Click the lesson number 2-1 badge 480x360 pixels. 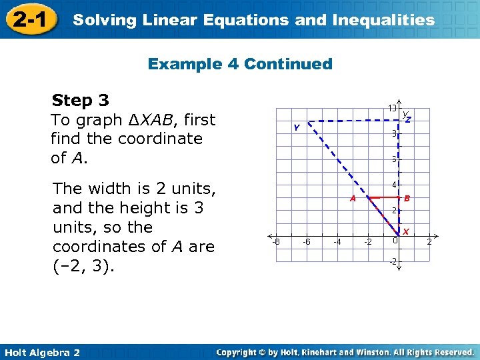[30, 19]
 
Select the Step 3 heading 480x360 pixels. [81, 101]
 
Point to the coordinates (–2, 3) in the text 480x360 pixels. [83, 266]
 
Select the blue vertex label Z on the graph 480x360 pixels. [409, 119]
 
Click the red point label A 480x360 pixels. [353, 198]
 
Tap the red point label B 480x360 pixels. [407, 198]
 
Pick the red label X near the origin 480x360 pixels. [405, 232]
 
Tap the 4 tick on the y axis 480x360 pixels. [395, 185]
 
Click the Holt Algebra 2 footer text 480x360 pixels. [41, 352]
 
